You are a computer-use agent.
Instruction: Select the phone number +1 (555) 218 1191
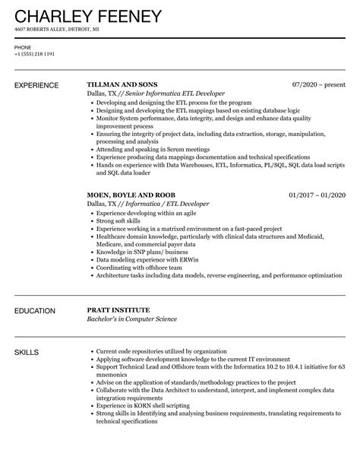35,55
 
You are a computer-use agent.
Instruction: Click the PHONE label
23,48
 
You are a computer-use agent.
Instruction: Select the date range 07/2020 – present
318,84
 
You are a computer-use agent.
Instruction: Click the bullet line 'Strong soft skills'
122,223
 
